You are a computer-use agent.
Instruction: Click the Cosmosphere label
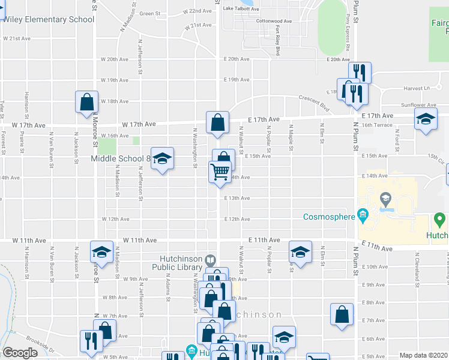click(329, 217)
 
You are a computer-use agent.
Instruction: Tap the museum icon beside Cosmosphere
click(363, 215)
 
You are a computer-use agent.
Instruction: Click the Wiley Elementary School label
click(49, 19)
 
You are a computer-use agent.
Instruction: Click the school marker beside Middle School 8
click(162, 159)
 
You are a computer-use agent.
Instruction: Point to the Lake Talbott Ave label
click(241, 9)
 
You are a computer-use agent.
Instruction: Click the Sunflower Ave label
click(418, 105)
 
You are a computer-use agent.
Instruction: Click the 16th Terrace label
click(376, 125)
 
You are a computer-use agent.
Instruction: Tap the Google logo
click(20, 353)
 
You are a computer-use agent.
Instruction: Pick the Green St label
click(150, 13)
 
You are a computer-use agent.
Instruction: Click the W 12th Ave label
click(113, 220)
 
